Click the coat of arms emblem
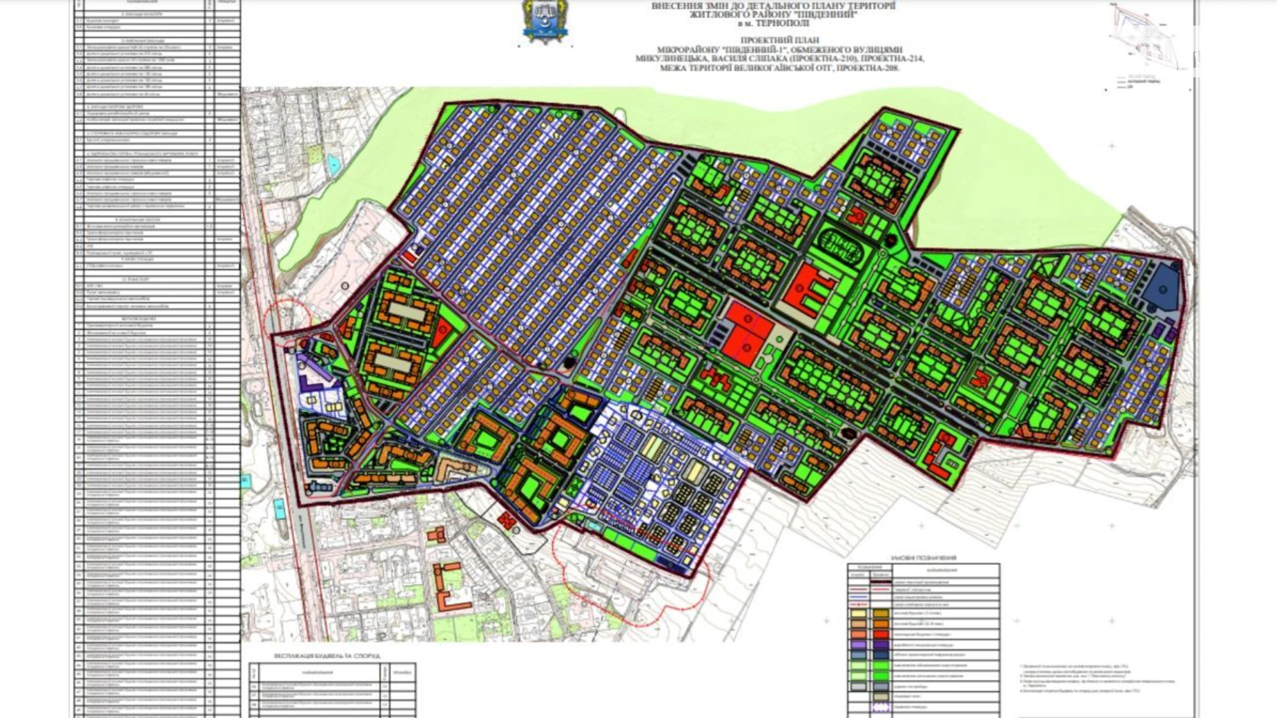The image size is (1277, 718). point(545,22)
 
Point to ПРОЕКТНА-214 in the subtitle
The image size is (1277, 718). point(893,59)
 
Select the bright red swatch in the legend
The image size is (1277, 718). point(881,634)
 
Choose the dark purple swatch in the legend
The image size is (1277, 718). point(881,645)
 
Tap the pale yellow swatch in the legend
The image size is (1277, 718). point(858,612)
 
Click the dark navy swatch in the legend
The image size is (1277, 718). point(881,655)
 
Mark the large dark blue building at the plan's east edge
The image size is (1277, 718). point(1163,286)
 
